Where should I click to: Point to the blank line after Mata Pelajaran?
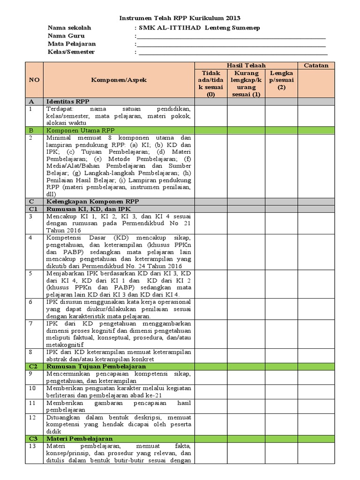[232, 44]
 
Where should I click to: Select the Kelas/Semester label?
[71, 52]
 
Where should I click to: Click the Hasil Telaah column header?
[246, 65]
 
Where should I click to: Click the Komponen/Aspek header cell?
[119, 80]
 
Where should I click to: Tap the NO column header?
[34, 80]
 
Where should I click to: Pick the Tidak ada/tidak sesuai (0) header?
[211, 84]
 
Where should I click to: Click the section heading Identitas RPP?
[68, 101]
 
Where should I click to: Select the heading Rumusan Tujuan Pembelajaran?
[96, 366]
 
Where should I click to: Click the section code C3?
[32, 439]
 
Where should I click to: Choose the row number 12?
[32, 417]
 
